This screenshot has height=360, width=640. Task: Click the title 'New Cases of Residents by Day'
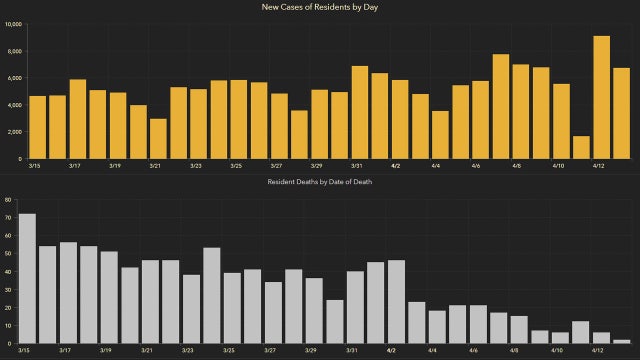[319, 8]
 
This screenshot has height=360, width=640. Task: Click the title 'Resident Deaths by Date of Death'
[319, 183]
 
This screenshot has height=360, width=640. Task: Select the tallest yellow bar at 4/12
[601, 97]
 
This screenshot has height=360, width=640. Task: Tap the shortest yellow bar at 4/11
[580, 147]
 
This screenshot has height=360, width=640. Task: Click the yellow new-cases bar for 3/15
[38, 127]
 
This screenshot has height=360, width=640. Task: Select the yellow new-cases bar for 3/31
[359, 112]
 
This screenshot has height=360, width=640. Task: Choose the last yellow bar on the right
[621, 113]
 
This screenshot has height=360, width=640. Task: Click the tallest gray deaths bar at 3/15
[27, 278]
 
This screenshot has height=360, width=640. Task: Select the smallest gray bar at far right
[622, 341]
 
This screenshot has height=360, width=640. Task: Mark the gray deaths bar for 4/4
[437, 327]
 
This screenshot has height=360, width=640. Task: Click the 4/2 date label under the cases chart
[396, 166]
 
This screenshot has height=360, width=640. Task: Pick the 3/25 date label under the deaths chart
[229, 351]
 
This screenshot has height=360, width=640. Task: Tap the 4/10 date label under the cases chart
[558, 166]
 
